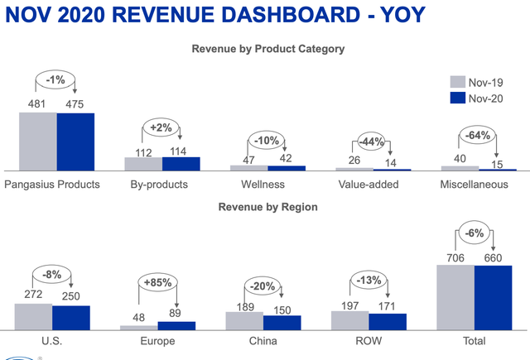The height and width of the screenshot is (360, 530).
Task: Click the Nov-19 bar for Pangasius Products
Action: click(38, 141)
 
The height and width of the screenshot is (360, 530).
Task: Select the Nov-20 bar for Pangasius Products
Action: click(75, 142)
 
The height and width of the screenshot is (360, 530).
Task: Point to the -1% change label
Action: click(55, 79)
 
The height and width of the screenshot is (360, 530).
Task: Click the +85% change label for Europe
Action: click(157, 282)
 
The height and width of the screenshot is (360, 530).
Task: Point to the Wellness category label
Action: click(263, 184)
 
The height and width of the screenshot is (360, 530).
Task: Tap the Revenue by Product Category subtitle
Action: click(268, 49)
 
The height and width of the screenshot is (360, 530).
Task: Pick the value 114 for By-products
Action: click(176, 150)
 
